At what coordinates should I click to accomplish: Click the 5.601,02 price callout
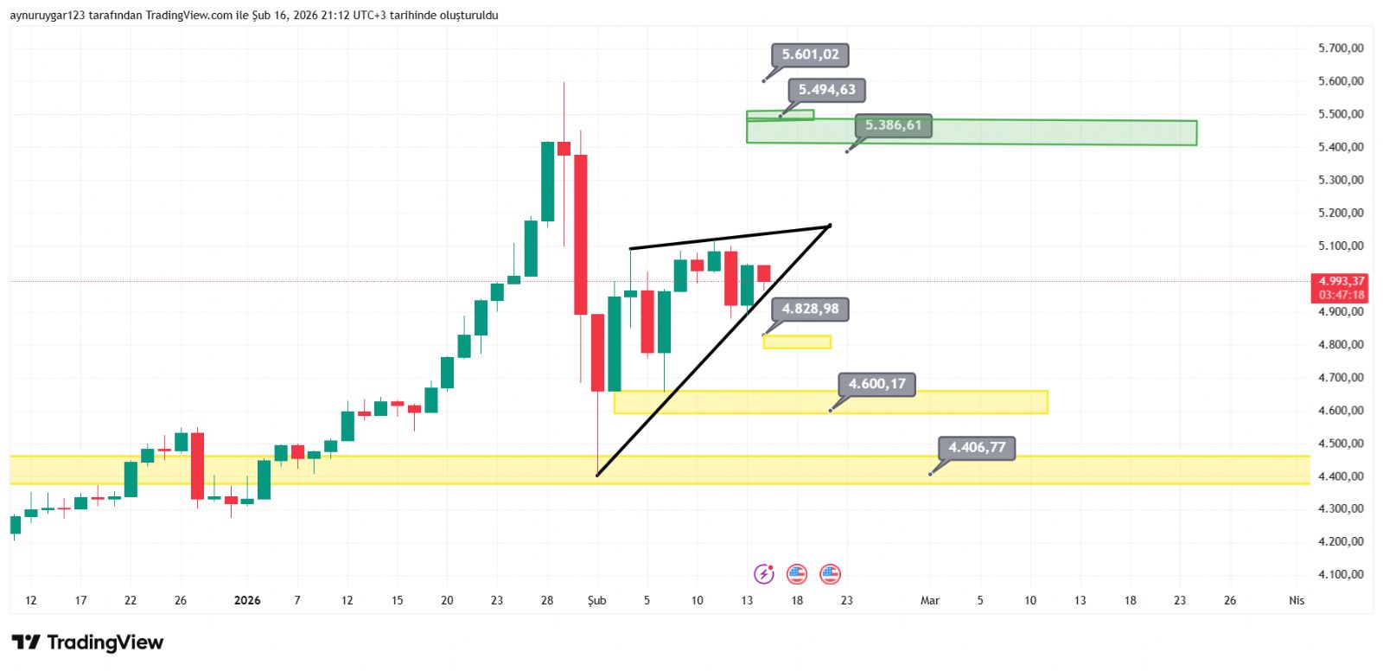pos(810,54)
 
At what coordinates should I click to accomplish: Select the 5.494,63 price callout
pos(826,90)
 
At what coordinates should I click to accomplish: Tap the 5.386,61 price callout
pos(893,125)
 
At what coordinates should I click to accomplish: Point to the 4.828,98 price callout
pos(810,309)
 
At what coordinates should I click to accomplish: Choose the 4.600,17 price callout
pos(876,384)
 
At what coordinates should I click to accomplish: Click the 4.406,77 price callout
pos(977,448)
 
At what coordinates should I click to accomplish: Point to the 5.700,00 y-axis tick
pos(1340,48)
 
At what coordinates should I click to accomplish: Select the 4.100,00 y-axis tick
pos(1340,574)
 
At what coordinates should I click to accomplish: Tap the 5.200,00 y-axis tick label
pos(1340,213)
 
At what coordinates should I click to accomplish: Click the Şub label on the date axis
pos(596,600)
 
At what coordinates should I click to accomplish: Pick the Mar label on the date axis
pos(930,600)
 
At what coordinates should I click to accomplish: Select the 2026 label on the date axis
pos(247,600)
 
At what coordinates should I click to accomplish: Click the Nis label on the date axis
pos(1296,600)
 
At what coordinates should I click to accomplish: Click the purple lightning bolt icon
pos(763,573)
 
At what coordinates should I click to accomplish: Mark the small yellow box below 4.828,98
pos(797,342)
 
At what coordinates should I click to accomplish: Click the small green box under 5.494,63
pos(780,115)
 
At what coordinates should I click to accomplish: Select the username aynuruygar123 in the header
pos(47,16)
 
